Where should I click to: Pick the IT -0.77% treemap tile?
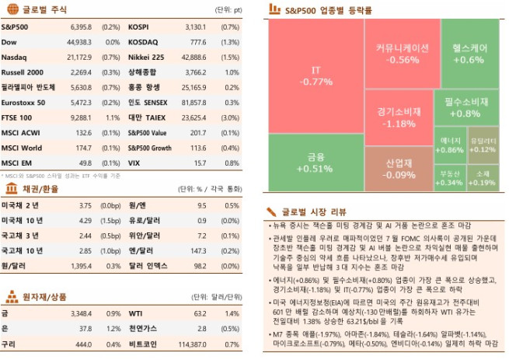[x=316, y=75]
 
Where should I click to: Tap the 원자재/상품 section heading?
[x=44, y=296]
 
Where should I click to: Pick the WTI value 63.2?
[x=200, y=313]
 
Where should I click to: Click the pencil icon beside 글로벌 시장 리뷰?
[x=271, y=211]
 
